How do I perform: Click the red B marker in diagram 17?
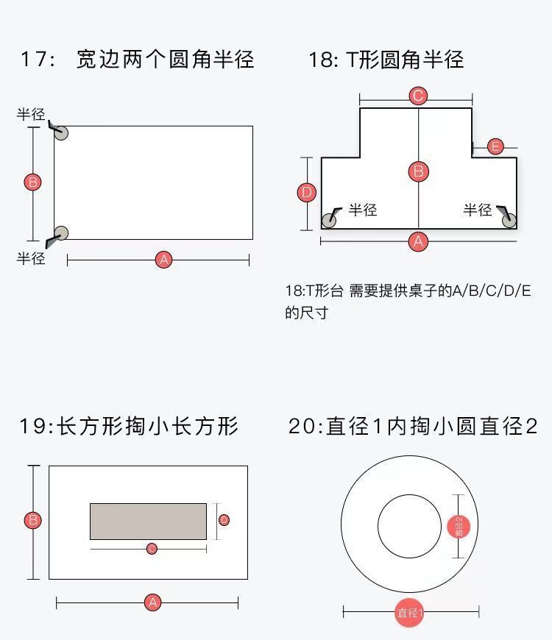32,182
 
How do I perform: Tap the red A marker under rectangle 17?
163,260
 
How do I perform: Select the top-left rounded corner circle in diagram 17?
61,133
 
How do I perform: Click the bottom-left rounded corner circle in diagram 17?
61,233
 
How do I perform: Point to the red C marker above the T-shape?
418,96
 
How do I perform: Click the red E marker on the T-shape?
495,147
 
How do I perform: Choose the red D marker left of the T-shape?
307,193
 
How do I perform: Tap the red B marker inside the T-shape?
418,171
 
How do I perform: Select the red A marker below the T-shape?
418,241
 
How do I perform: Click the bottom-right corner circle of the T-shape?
509,220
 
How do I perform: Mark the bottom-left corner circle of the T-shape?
329,220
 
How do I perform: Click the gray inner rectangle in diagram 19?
148,521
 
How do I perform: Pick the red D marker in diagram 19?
224,520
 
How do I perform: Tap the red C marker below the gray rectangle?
152,549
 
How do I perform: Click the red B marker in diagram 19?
32,521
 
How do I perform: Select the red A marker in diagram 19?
152,603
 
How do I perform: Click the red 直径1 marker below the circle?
409,612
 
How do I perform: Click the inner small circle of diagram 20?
409,526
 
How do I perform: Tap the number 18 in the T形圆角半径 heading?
321,59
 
